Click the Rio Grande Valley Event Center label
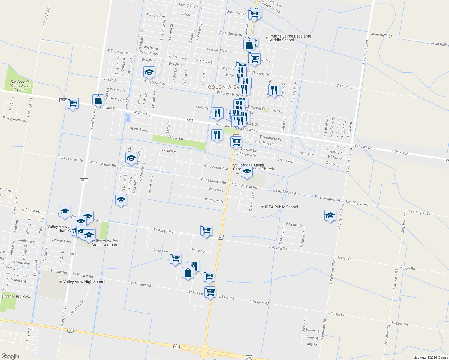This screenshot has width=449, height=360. click(x=20, y=86)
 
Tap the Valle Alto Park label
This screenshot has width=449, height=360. click(x=18, y=296)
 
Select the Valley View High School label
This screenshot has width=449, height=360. click(x=84, y=282)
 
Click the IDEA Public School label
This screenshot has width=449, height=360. click(x=281, y=207)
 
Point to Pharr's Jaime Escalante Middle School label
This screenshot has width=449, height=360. click(x=290, y=38)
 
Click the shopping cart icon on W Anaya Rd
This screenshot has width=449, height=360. click(x=206, y=230)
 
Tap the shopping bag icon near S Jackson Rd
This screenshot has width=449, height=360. click(x=98, y=100)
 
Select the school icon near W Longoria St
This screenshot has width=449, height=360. click(x=149, y=72)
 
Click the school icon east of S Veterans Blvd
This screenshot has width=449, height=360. click(x=330, y=215)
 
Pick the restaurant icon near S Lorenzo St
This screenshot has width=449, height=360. click(x=274, y=90)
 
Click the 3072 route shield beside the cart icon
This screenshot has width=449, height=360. click(x=63, y=100)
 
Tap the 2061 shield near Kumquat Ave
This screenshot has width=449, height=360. click(x=73, y=254)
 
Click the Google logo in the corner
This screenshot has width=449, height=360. click(x=10, y=356)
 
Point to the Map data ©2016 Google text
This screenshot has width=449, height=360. click(x=430, y=358)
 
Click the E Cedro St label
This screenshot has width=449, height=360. click(x=294, y=225)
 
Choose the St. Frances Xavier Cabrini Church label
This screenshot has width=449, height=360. click(x=253, y=167)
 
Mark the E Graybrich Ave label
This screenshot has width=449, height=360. click(x=15, y=119)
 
